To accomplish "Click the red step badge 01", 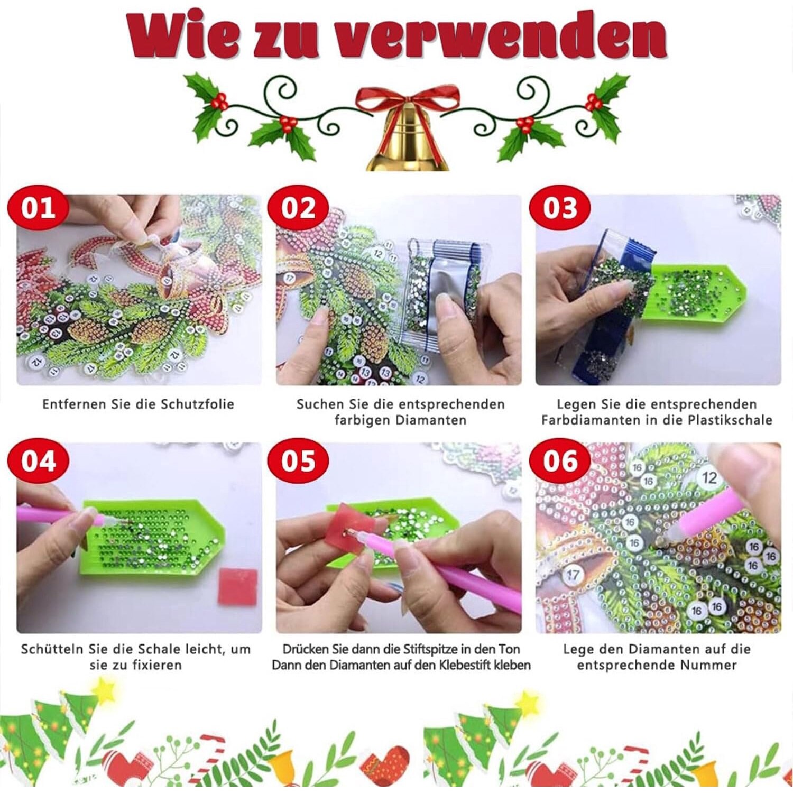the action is [39, 208].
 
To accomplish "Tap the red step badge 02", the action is [298, 208].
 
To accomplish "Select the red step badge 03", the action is [559, 208].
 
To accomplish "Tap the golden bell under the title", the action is [408, 140].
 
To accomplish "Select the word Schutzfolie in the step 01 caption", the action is [197, 404].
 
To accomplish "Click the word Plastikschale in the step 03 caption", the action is [730, 420].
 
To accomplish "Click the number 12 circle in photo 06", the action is [709, 478].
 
